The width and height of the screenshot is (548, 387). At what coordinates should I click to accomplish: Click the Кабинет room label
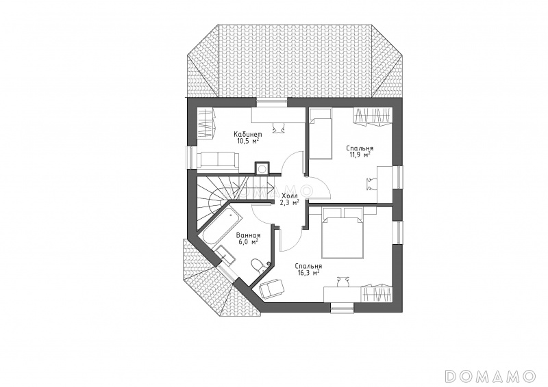pyautogui.click(x=247, y=134)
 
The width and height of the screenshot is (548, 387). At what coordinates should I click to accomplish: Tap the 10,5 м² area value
pyautogui.click(x=247, y=141)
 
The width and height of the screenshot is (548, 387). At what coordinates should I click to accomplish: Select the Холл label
pyautogui.click(x=289, y=196)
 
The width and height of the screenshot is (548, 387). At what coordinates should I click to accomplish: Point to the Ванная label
pyautogui.click(x=248, y=235)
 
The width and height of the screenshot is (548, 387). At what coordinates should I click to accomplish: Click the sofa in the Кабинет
pyautogui.click(x=218, y=160)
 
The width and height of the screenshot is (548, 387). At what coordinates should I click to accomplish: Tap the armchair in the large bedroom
pyautogui.click(x=272, y=289)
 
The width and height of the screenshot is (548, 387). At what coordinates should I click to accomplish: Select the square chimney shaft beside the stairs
pyautogui.click(x=262, y=169)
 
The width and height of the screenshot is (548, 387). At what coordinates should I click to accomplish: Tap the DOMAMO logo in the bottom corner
pyautogui.click(x=490, y=376)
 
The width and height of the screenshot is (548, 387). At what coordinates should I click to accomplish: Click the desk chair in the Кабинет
pyautogui.click(x=279, y=127)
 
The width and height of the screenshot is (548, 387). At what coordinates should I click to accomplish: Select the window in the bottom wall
pyautogui.click(x=342, y=308)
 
